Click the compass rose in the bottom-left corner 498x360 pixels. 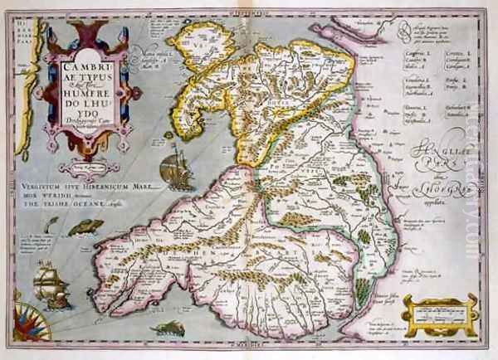70,317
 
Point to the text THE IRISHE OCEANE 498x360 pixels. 87,211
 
